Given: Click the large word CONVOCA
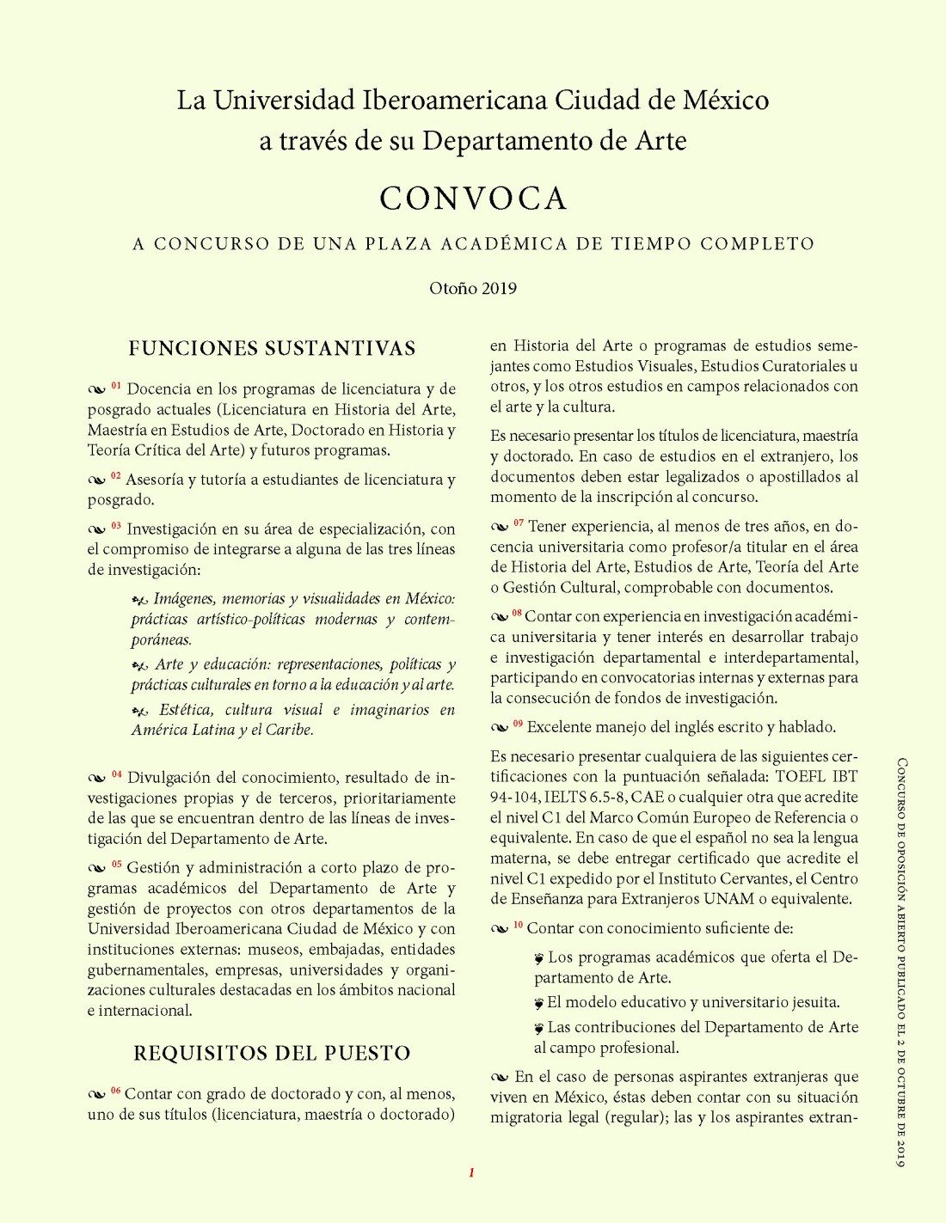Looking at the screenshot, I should [473, 199].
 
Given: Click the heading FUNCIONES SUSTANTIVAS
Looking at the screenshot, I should [272, 348].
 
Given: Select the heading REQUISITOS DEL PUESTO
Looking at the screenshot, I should [272, 1053].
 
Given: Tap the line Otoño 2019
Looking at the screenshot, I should [473, 288].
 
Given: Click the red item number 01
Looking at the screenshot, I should [116, 387].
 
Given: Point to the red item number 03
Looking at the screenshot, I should [116, 526].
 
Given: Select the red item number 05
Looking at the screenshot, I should [116, 865].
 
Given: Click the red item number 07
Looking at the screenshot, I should [519, 523].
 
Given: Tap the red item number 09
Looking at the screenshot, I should [518, 724].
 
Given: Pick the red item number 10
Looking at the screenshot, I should [518, 925].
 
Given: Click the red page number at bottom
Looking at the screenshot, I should [471, 1172].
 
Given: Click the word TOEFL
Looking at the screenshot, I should [801, 776].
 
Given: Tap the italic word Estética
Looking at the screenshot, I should [186, 710].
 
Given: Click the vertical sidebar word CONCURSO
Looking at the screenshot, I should [901, 786].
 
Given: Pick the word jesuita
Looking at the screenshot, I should [813, 1002].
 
